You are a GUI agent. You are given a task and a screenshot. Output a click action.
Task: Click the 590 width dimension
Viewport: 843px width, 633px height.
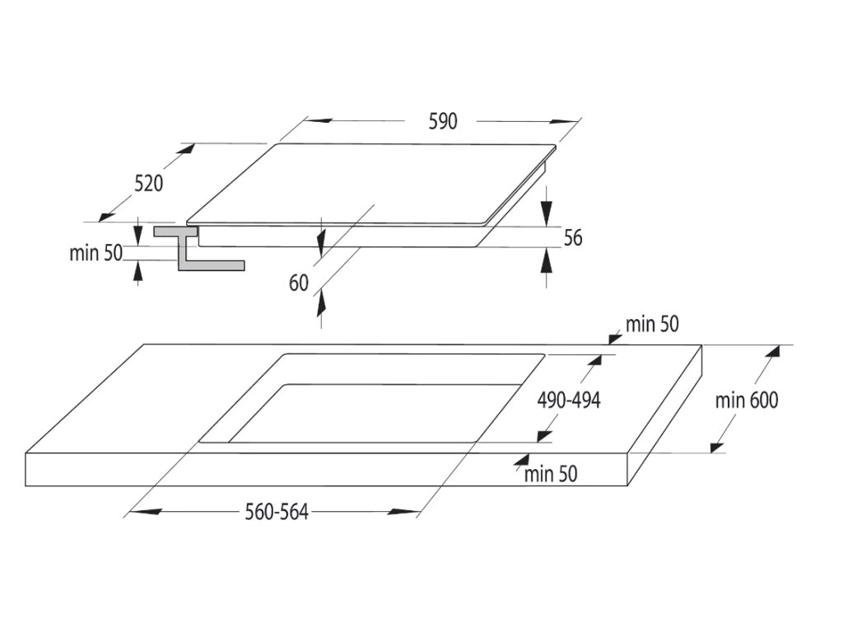442,121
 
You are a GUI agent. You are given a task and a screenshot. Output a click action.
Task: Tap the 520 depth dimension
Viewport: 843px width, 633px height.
149,183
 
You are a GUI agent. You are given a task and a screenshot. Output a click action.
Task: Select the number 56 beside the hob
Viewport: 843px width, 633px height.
573,238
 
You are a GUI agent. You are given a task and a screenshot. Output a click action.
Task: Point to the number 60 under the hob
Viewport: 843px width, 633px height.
299,283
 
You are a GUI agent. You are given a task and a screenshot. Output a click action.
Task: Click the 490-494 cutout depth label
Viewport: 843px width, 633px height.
569,401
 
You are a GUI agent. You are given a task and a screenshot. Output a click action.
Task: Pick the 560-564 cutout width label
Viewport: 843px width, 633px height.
277,512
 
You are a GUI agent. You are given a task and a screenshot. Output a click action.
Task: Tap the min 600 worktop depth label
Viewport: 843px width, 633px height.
746,401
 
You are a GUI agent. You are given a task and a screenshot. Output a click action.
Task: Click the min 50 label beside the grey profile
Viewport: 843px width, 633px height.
95,253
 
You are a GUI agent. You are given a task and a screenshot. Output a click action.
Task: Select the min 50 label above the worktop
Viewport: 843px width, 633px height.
652,324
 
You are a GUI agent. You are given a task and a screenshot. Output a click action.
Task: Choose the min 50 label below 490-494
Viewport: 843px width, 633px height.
551,473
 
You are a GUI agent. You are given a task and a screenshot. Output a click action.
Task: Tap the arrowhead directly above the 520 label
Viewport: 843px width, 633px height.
186,150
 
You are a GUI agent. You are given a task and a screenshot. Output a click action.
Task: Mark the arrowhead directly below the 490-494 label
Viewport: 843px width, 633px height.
543,435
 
